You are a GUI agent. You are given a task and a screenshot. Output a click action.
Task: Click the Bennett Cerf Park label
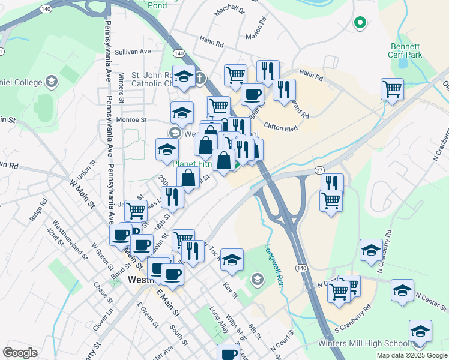pos(406,50)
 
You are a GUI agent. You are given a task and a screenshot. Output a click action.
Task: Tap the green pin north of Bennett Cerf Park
pos(360,23)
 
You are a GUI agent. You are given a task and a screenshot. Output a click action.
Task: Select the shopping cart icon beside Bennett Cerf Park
pos(392,89)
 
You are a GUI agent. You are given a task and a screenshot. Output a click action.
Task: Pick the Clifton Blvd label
pos(281,127)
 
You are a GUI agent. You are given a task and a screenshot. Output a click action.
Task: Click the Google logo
pos(20,353)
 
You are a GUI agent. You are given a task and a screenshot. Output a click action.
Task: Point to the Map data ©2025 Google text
pos(411,355)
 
